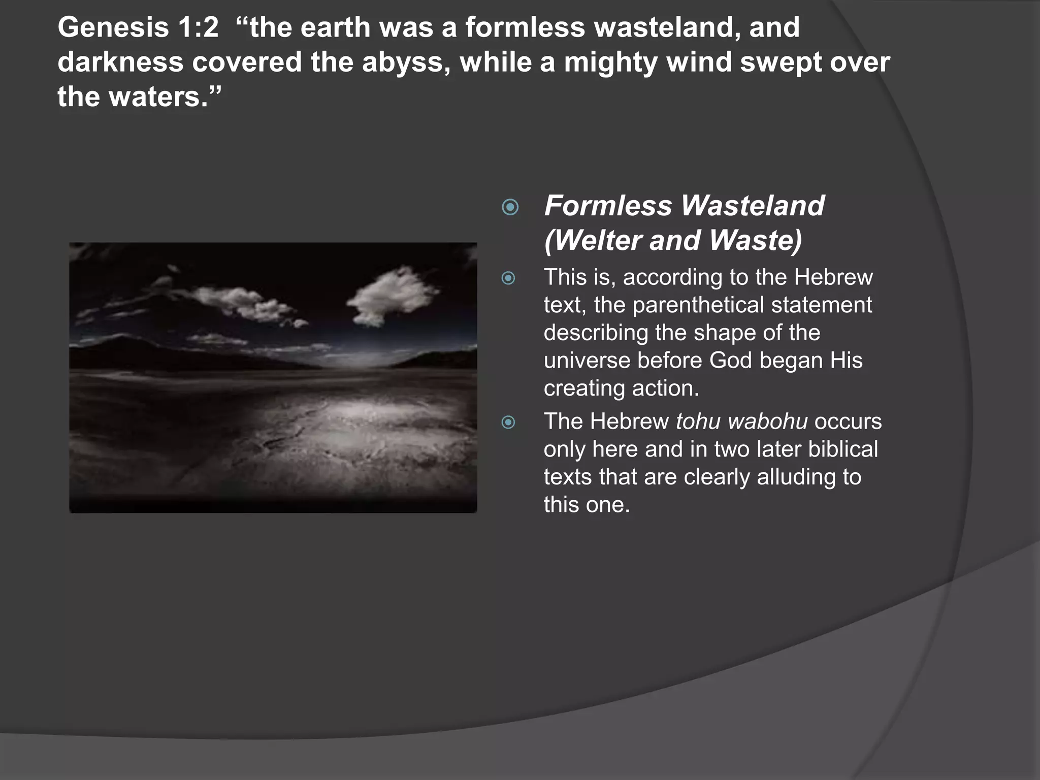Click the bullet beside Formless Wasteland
[510, 207]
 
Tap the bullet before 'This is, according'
[508, 278]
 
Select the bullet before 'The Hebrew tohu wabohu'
[508, 422]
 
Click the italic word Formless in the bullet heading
[608, 206]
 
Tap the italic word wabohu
[767, 421]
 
